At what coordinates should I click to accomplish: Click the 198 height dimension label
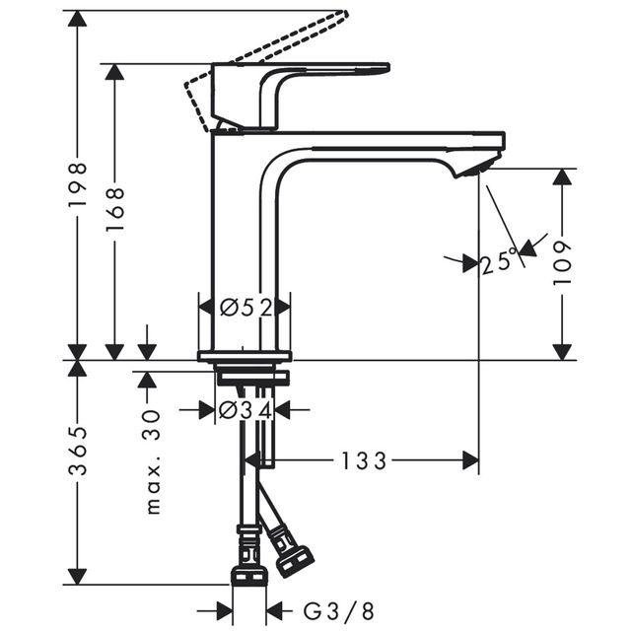click(77, 184)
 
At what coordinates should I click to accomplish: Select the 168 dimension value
click(114, 209)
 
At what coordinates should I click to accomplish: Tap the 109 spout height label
click(562, 263)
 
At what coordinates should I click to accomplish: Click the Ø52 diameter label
click(246, 308)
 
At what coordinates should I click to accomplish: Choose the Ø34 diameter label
click(245, 410)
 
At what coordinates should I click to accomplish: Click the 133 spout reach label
click(364, 461)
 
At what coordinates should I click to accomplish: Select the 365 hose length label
click(77, 451)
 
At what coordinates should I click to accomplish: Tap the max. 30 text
click(153, 462)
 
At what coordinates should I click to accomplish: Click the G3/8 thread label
click(338, 611)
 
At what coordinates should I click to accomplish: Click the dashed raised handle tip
click(343, 14)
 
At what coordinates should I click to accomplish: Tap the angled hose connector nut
click(296, 560)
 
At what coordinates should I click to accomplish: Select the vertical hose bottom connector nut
click(249, 575)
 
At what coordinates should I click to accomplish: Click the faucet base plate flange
click(245, 356)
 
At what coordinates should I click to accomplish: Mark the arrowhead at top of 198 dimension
click(77, 19)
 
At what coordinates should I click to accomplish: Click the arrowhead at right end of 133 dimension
click(471, 460)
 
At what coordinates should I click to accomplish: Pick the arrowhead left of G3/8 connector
click(225, 611)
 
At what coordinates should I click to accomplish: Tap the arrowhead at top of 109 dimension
click(562, 177)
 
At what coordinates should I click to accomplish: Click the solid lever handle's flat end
click(386, 68)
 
